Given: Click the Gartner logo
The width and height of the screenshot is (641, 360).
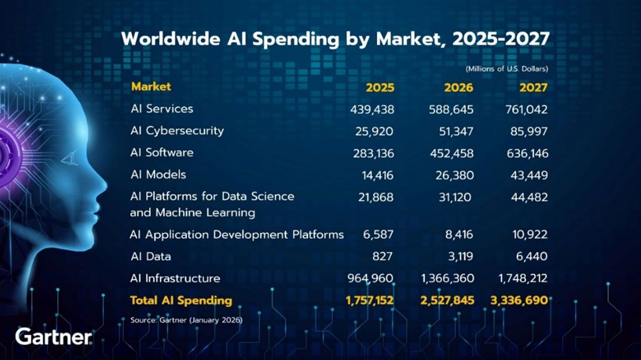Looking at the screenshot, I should coord(53,337).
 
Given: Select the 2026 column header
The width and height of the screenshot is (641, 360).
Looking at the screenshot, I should coord(458,88).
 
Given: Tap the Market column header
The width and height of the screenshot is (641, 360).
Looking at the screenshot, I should coord(151,87).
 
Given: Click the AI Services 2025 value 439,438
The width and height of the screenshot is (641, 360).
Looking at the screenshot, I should coord(372,109).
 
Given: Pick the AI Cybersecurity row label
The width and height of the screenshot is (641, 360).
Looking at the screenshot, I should coord(177,130).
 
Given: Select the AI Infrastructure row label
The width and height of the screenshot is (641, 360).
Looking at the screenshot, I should coord(175,278).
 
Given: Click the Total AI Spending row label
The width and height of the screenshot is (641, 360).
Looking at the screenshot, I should coord(180,300).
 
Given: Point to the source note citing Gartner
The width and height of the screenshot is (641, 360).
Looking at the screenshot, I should coord(186,320).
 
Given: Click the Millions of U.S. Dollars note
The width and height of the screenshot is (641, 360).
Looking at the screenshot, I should coord(507,69).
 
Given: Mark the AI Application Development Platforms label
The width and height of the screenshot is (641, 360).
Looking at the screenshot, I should coord(236,234).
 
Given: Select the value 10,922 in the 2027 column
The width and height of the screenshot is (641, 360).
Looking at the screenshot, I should coord(530,234).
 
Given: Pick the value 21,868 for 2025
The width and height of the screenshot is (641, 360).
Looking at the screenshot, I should coord(376,197).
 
